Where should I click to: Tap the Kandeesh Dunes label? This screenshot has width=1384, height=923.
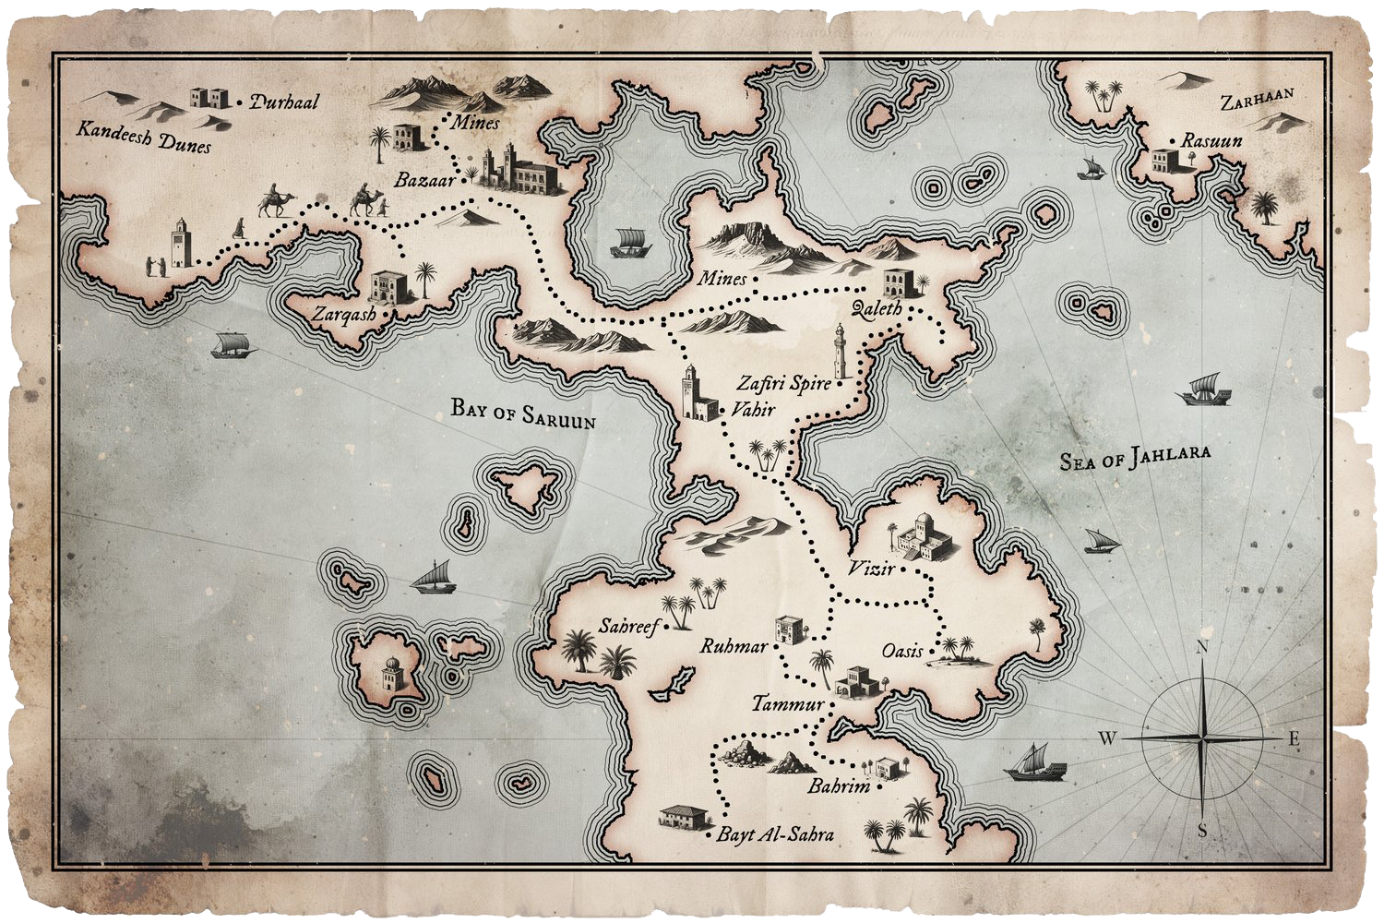[143, 137]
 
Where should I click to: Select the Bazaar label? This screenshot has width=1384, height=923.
[424, 180]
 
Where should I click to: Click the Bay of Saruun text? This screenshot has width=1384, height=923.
[522, 412]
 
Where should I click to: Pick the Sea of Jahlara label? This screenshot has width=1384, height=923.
[1134, 457]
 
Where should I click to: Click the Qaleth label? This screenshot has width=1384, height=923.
[877, 308]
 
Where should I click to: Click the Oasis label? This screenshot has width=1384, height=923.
[902, 651]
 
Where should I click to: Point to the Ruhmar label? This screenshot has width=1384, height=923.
[734, 647]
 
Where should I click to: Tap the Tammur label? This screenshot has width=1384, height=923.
[787, 704]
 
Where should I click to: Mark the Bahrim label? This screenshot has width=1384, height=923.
[839, 787]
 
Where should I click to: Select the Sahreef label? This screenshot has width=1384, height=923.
[629, 627]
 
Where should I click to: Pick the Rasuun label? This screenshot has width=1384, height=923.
[1212, 141]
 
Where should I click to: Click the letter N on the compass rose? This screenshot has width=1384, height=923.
[1202, 648]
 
